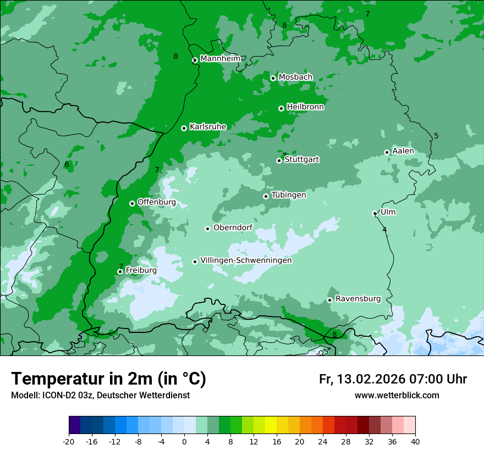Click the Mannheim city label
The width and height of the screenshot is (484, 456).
[x=220, y=59]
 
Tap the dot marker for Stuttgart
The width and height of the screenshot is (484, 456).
[x=279, y=160]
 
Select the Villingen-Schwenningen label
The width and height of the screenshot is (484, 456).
[x=246, y=260]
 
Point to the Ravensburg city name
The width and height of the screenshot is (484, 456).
[x=358, y=299]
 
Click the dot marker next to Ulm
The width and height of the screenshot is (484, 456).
[x=375, y=213]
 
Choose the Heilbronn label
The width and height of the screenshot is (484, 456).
[x=305, y=107]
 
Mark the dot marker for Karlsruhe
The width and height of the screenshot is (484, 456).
[x=184, y=128]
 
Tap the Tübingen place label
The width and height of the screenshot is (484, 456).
[x=289, y=195]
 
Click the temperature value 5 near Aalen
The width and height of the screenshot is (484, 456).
[x=436, y=136]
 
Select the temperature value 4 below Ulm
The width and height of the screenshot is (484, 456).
[x=384, y=230]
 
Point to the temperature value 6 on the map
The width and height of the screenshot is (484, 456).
[x=67, y=164]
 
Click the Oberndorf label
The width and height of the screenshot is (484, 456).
[x=233, y=227]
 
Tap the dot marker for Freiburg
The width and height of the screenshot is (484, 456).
[x=120, y=271]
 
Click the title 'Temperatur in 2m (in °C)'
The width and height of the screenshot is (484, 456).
[x=108, y=379]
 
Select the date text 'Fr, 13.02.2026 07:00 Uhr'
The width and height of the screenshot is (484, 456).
[x=393, y=379]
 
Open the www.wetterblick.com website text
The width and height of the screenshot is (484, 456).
[x=397, y=395]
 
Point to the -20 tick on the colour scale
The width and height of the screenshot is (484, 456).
[x=69, y=441]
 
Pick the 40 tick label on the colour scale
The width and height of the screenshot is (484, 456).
[x=415, y=441]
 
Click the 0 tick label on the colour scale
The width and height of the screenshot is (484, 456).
[x=184, y=441]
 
